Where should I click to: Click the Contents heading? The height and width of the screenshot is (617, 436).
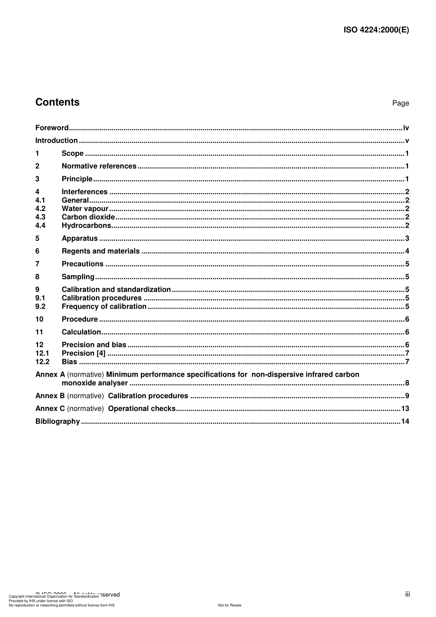(x=57, y=102)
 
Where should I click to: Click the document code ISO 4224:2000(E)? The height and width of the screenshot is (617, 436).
(x=376, y=30)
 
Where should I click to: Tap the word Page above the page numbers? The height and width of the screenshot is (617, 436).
(x=400, y=103)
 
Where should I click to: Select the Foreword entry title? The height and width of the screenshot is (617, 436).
(x=52, y=128)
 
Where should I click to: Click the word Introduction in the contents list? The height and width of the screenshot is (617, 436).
(x=56, y=141)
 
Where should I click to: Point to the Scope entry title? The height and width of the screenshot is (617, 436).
(x=73, y=154)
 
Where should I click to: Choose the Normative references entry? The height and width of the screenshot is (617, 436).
(x=99, y=167)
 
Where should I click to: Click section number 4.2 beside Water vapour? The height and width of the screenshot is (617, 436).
(x=40, y=209)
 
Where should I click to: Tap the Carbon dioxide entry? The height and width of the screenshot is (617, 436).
(x=88, y=217)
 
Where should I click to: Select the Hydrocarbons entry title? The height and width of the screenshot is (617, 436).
(x=86, y=226)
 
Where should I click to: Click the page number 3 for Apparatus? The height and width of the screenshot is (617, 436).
(x=407, y=239)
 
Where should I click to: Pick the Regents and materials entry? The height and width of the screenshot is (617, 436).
(x=101, y=251)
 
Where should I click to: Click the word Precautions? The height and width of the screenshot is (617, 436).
(x=83, y=264)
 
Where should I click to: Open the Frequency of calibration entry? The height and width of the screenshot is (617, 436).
(x=104, y=306)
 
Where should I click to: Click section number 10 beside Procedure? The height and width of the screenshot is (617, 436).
(x=39, y=319)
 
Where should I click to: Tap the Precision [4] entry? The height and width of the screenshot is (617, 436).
(x=84, y=353)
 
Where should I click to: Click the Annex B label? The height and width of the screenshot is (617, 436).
(x=50, y=396)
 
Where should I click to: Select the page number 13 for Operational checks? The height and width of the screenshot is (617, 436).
(x=405, y=409)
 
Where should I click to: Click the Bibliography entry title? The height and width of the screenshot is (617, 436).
(x=57, y=422)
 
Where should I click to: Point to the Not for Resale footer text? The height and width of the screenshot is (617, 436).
(x=229, y=605)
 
